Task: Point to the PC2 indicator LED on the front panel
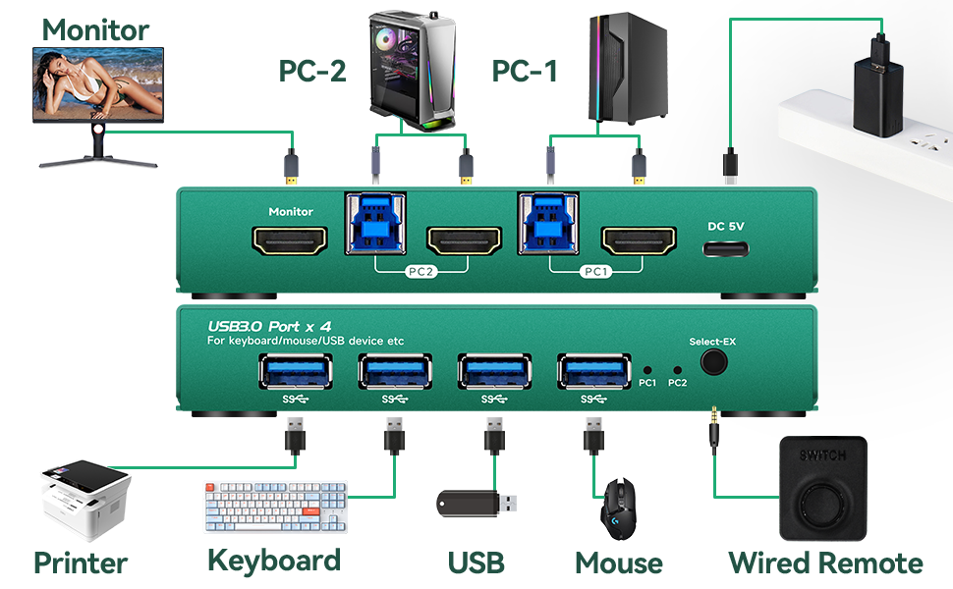pos(677,371)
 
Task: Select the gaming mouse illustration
pos(619,508)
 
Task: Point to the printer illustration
pos(84,501)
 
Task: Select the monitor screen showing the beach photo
pos(98,85)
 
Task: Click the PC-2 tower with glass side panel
pos(407,65)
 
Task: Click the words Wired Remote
pos(825,563)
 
